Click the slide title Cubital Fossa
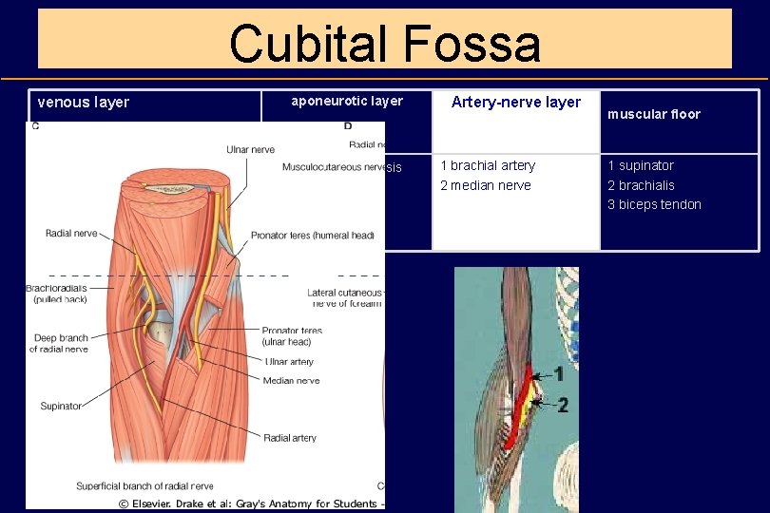point(384,44)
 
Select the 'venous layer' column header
point(83,103)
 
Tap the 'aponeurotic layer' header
point(347,101)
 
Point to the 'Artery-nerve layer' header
point(515,103)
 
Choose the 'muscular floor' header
point(654,114)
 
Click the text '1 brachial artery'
point(488,165)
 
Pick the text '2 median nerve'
point(485,185)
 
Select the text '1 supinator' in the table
point(641,165)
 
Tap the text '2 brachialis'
point(641,185)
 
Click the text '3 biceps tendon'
point(654,204)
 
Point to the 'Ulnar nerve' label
point(250,149)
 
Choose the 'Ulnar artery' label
point(290,362)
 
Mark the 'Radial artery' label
point(291,438)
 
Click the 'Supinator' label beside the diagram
point(61,407)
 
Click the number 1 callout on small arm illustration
point(559,374)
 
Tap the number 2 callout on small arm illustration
point(562,406)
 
